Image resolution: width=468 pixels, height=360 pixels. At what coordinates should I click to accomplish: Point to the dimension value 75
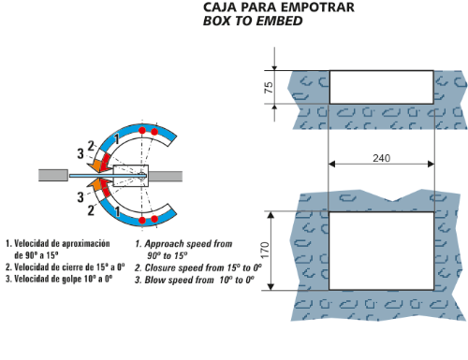(269, 87)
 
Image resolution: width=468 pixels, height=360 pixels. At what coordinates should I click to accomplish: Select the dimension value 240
(381, 158)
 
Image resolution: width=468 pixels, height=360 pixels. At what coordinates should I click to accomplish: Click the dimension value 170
(265, 250)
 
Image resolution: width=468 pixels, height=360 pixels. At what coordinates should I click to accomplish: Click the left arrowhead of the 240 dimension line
(332, 164)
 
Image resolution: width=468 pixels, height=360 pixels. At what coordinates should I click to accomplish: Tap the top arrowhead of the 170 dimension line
(271, 215)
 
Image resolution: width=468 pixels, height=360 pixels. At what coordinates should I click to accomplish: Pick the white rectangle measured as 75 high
(382, 87)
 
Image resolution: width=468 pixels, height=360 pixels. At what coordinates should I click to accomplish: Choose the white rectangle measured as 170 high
(381, 251)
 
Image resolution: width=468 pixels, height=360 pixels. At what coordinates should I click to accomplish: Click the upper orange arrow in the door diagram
(95, 166)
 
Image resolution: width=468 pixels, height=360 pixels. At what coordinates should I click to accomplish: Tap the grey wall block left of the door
(53, 175)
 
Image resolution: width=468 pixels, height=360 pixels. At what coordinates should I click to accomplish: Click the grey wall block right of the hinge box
(166, 176)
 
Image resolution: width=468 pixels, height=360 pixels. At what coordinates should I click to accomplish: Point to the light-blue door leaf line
(108, 176)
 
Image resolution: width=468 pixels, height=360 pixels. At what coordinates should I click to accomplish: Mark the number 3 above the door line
(80, 153)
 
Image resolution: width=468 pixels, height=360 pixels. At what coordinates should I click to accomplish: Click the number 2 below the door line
(91, 210)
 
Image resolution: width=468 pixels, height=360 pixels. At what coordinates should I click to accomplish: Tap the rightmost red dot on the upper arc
(154, 132)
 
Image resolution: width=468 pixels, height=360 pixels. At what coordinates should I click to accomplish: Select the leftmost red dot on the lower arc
(142, 221)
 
